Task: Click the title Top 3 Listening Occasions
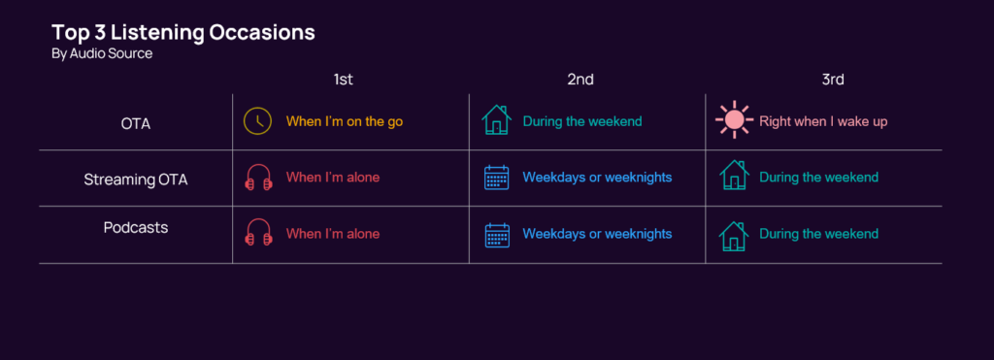click(x=183, y=32)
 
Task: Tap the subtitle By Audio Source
click(x=102, y=54)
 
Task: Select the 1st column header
click(x=343, y=80)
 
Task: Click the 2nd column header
click(x=580, y=80)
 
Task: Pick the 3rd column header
click(x=832, y=80)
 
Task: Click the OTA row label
click(x=136, y=123)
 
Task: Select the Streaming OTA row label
click(x=136, y=180)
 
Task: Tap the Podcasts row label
click(x=136, y=227)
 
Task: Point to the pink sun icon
click(x=734, y=119)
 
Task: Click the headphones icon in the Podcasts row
click(x=258, y=232)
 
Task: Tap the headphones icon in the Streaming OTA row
click(x=258, y=177)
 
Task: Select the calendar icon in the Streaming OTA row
click(x=497, y=178)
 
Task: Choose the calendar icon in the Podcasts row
click(x=497, y=235)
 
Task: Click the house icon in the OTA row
click(x=496, y=120)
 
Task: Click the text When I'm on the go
click(x=345, y=121)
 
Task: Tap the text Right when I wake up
click(x=823, y=121)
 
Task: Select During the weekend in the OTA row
click(x=582, y=121)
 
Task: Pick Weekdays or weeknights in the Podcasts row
click(x=597, y=234)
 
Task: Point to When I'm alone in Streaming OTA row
click(x=333, y=178)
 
